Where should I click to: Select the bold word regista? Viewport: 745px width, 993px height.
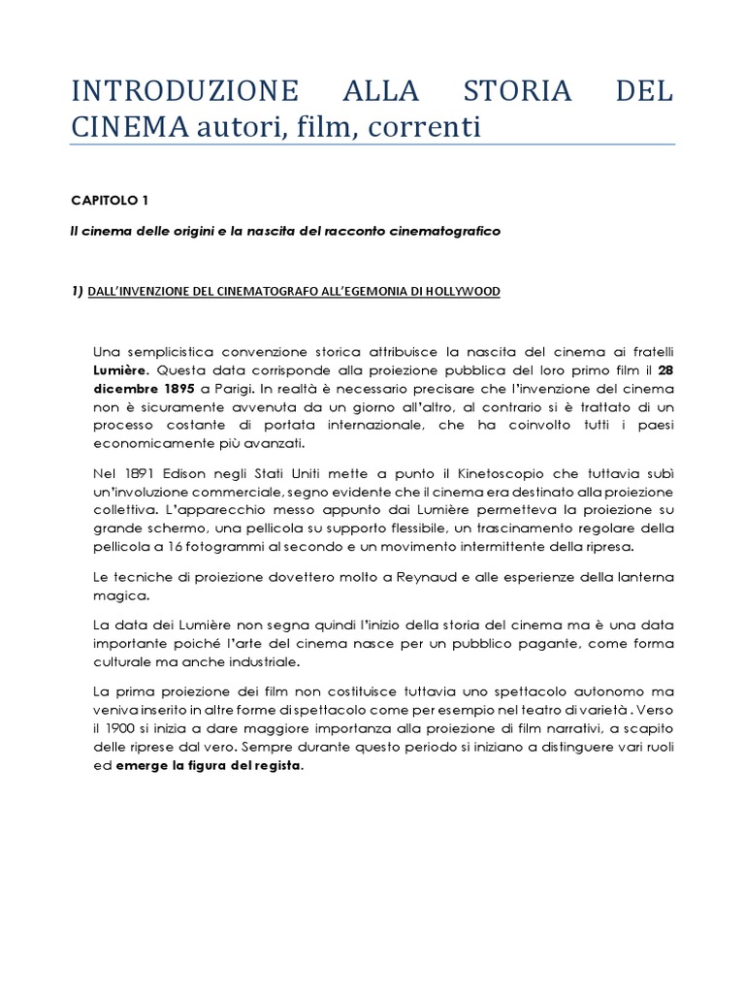coord(277,766)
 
